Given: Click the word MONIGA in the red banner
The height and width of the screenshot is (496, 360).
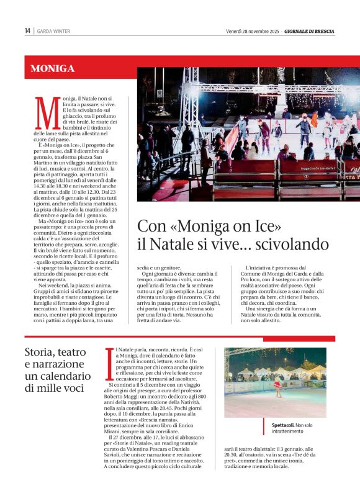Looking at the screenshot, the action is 53,68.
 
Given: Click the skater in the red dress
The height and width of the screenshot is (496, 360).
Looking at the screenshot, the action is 277,389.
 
